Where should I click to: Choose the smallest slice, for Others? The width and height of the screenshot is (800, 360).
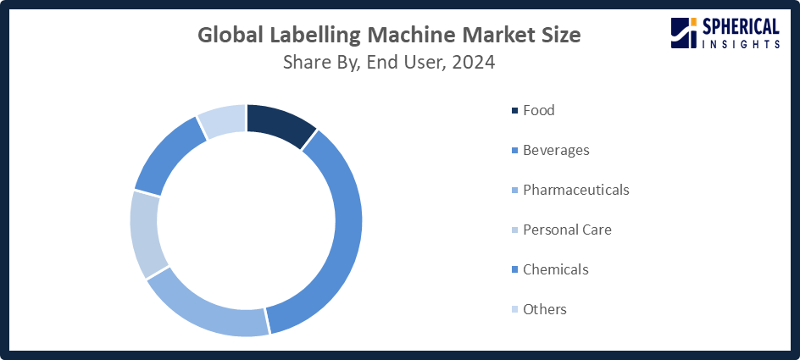click(x=223, y=121)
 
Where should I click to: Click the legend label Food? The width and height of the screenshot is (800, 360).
click(x=539, y=110)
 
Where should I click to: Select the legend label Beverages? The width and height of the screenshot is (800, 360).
click(x=556, y=150)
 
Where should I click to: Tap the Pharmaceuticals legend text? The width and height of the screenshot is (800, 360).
click(x=576, y=190)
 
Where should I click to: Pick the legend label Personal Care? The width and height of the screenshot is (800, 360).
click(x=567, y=230)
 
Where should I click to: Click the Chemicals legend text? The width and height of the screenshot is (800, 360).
click(x=556, y=269)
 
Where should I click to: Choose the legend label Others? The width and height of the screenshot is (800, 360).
click(x=545, y=309)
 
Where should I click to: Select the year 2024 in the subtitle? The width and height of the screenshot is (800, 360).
click(x=475, y=62)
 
